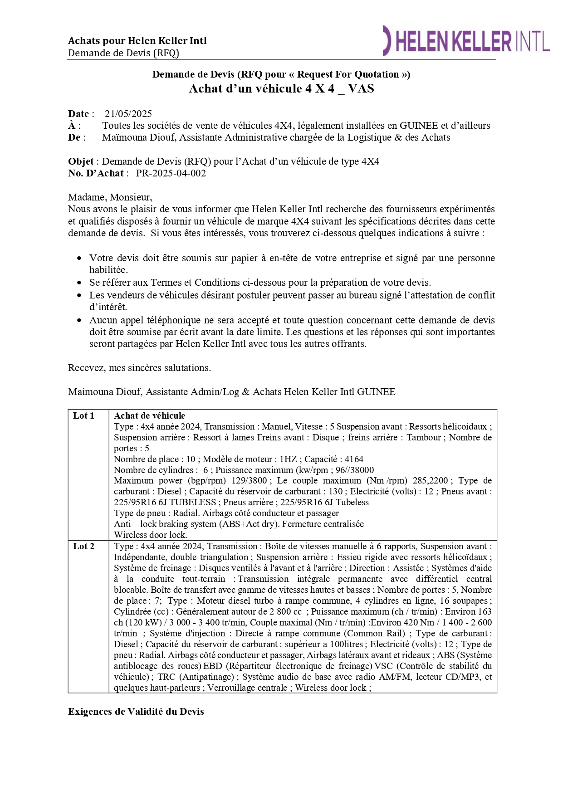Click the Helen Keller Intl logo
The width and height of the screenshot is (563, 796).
coord(466,41)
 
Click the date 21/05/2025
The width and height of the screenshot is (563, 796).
coord(128,114)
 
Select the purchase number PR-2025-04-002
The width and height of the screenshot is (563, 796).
coord(171,173)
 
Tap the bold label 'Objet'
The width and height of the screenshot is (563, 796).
coord(81,161)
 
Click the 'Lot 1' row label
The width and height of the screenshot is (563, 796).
coord(84,416)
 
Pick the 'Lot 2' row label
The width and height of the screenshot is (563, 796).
coord(84,547)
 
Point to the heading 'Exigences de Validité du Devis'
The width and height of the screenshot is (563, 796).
coord(136,712)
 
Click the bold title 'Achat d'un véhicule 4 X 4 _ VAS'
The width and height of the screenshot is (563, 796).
coord(281,88)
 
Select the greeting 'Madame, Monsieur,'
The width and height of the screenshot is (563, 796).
coord(110,197)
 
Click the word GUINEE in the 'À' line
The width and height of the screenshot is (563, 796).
coord(419,126)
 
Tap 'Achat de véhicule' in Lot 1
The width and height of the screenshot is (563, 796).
coord(150,416)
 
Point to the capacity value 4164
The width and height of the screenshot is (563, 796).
coord(354,459)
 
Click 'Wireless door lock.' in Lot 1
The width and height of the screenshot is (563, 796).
coord(151,535)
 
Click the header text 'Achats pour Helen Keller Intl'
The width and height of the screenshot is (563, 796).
coord(137,41)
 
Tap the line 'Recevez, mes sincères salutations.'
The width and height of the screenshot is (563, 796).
coord(139,368)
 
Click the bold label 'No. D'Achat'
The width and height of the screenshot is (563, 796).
coord(96,173)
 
